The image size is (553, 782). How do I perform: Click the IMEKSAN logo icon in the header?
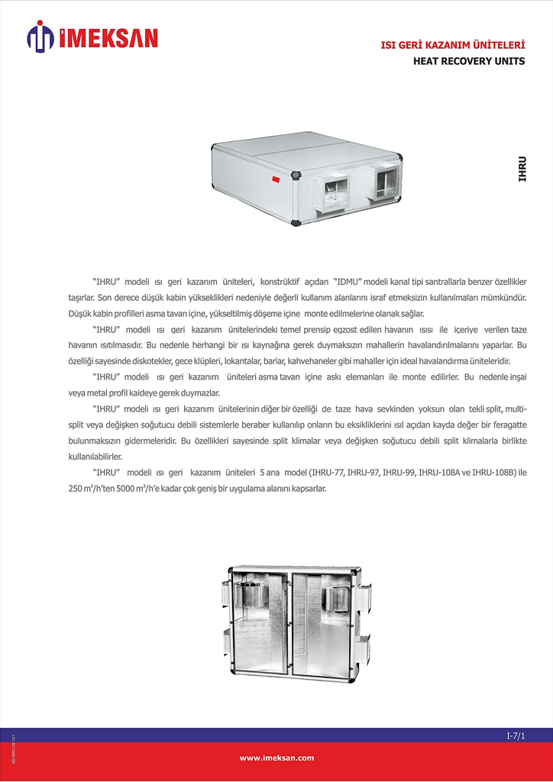[40, 37]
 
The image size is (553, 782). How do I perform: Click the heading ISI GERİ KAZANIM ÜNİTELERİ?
[453, 47]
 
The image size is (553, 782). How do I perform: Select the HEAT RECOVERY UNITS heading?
[468, 61]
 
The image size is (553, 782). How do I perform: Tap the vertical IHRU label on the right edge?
[522, 169]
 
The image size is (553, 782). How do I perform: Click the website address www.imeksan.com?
[276, 758]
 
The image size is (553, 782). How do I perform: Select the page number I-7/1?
[516, 735]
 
